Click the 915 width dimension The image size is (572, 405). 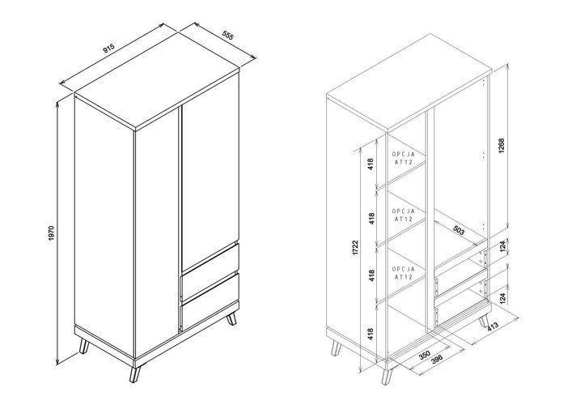(x=108, y=49)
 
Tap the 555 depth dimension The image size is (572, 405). (x=227, y=36)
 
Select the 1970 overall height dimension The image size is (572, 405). (x=51, y=233)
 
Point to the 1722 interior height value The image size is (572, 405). (x=356, y=248)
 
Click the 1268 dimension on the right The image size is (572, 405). (x=502, y=146)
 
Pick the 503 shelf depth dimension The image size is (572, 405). (x=459, y=230)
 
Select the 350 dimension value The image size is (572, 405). (x=425, y=355)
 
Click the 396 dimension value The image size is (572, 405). (x=437, y=360)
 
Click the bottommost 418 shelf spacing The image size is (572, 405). (x=371, y=335)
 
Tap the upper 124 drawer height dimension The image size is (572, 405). (x=502, y=246)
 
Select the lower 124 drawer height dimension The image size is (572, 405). (x=502, y=298)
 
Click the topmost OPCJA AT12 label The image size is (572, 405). (x=404, y=158)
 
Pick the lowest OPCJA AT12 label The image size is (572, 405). (x=404, y=273)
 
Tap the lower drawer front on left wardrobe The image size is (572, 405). (x=210, y=301)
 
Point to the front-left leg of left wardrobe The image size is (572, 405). (x=135, y=374)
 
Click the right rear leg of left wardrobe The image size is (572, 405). (x=231, y=319)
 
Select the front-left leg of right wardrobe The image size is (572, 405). (x=386, y=376)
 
